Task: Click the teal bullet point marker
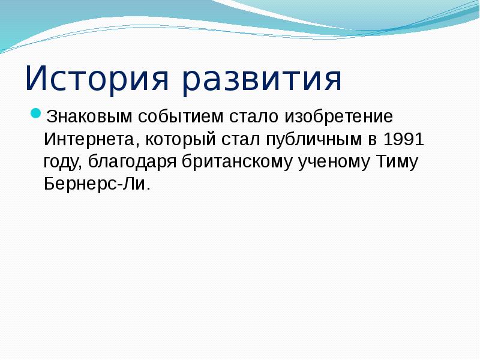click(x=36, y=113)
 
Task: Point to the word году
click(x=62, y=162)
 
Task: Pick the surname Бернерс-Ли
click(x=94, y=185)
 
